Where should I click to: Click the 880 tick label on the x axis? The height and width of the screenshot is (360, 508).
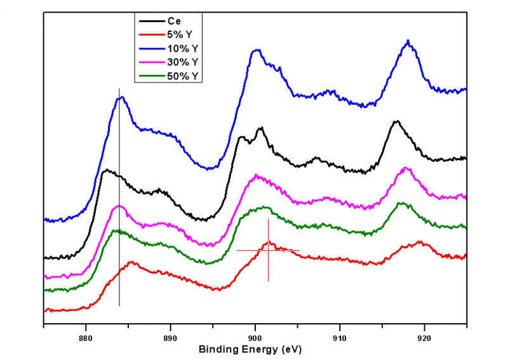tap(86, 337)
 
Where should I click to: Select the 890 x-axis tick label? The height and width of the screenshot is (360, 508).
tap(170, 337)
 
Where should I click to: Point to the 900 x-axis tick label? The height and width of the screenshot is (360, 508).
tap(255, 337)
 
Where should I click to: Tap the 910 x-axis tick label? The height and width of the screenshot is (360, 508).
tap(340, 337)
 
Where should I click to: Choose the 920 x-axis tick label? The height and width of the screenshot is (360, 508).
tap(424, 337)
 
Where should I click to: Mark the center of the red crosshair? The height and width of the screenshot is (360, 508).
tap(268, 250)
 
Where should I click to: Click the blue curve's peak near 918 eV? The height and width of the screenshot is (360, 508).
tap(408, 41)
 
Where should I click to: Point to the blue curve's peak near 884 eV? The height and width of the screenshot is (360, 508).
tap(121, 97)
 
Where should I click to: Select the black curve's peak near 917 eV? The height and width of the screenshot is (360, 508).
tap(397, 121)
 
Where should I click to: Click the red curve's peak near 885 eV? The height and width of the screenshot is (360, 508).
tap(131, 262)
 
